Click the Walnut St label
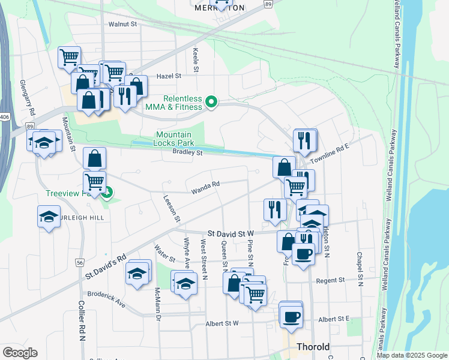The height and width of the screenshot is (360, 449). tap(122, 25)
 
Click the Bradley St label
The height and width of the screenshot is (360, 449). tap(188, 153)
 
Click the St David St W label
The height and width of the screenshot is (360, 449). tap(231, 233)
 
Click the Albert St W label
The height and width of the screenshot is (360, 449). tap(223, 323)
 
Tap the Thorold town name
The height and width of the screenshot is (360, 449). tap(313, 347)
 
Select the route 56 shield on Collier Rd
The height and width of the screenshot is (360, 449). tap(80, 263)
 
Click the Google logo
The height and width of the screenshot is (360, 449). tap(20, 353)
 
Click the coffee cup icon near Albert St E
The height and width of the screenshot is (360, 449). tap(292, 316)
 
